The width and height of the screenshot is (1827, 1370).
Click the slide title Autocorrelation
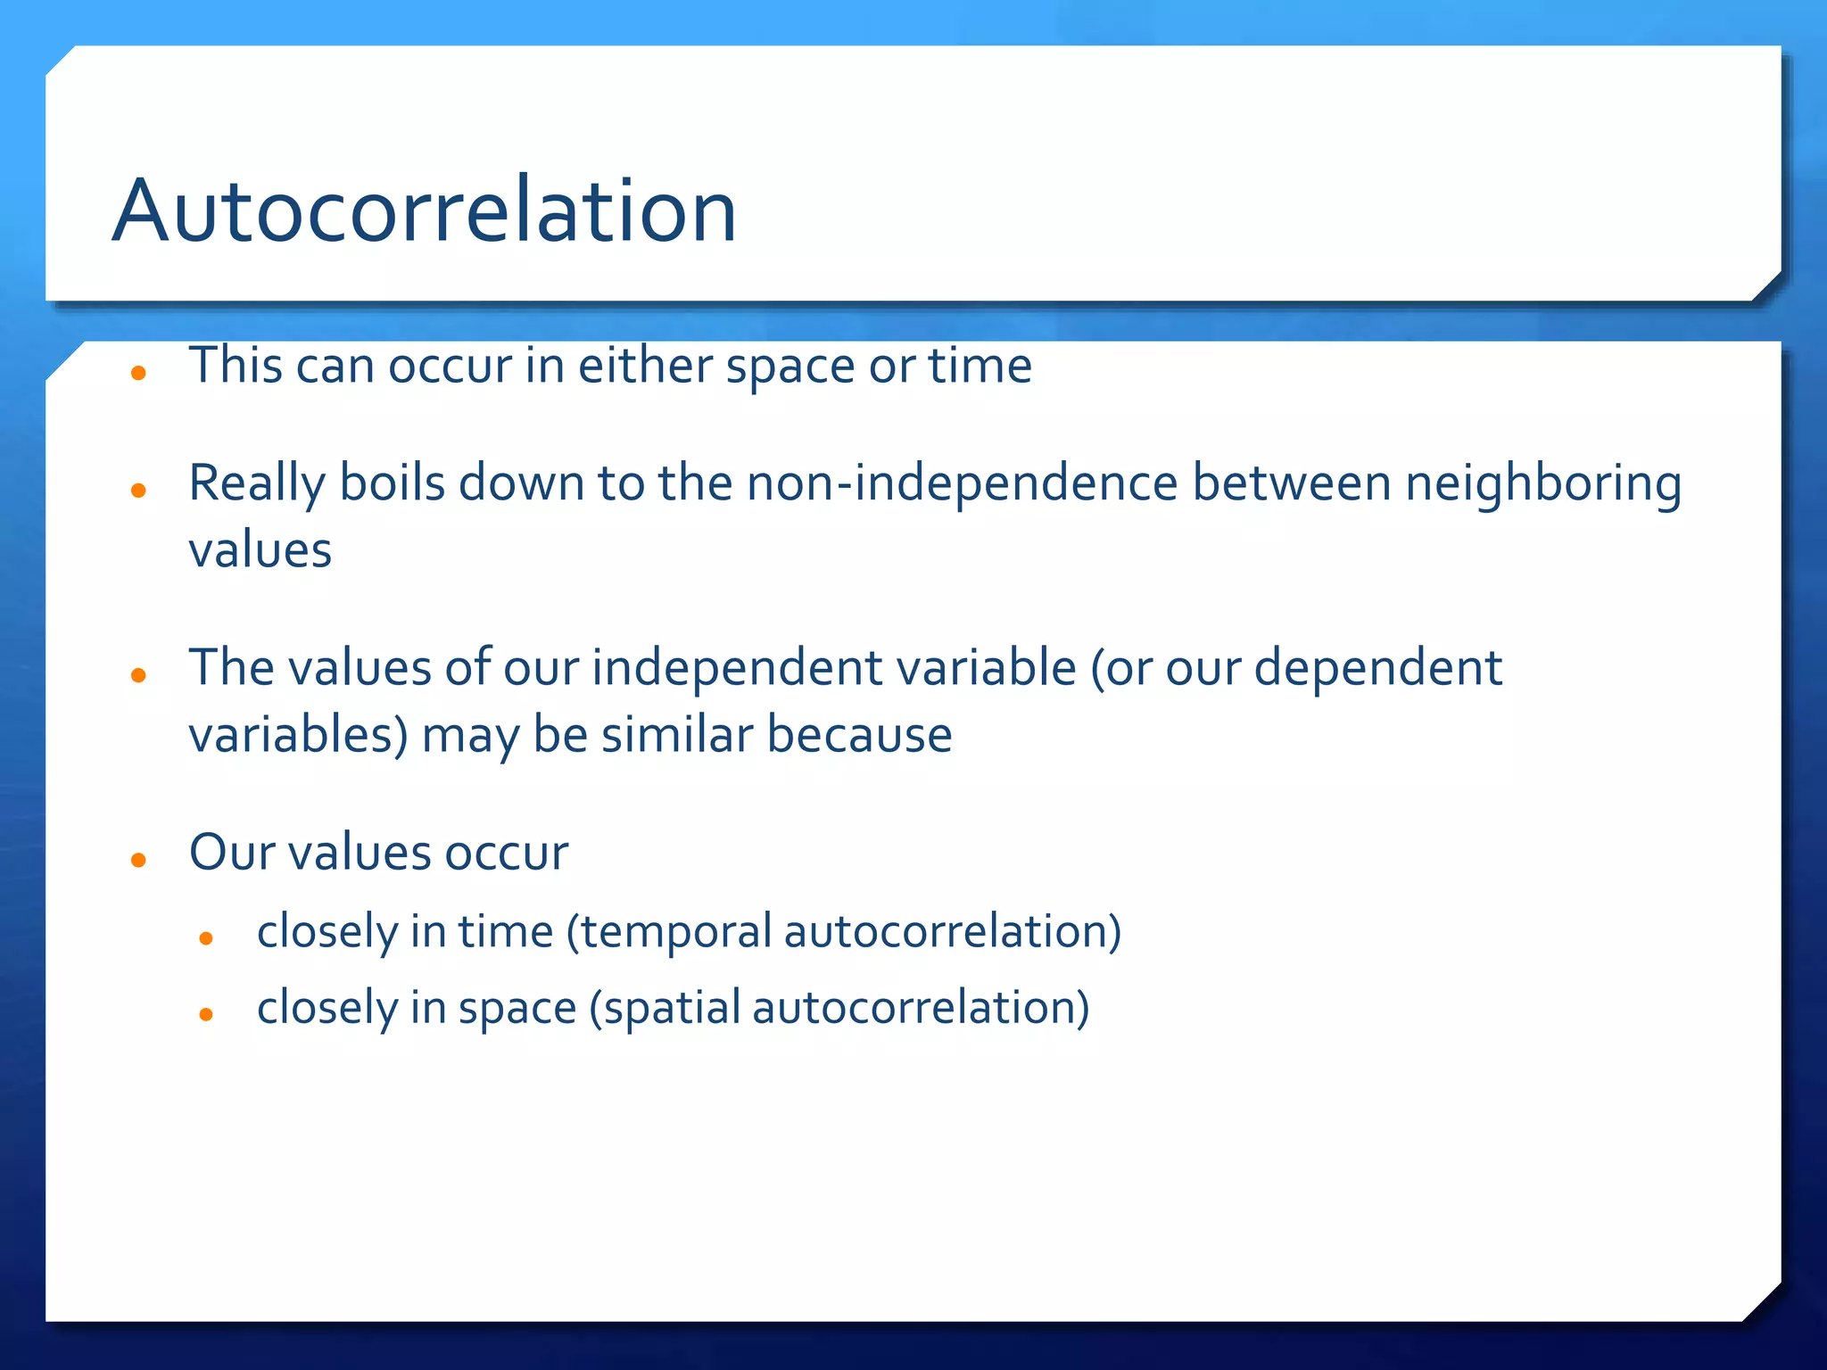click(x=424, y=211)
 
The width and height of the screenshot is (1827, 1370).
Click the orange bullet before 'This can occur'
click(x=138, y=373)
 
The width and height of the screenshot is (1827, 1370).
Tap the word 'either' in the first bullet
click(x=645, y=366)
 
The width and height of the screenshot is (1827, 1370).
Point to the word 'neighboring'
click(x=1543, y=485)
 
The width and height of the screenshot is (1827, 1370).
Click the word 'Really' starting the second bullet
click(x=257, y=485)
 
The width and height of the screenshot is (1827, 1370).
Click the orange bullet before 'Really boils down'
click(x=138, y=490)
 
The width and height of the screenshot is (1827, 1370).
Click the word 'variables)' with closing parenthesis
click(x=298, y=736)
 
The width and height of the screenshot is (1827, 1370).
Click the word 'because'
click(x=859, y=735)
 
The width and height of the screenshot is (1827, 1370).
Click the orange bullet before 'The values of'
click(x=138, y=675)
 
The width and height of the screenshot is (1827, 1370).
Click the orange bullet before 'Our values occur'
click(x=138, y=860)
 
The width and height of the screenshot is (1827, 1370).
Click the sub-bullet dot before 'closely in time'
click(x=206, y=938)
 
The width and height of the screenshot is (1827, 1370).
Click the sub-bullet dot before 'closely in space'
click(x=206, y=1014)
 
